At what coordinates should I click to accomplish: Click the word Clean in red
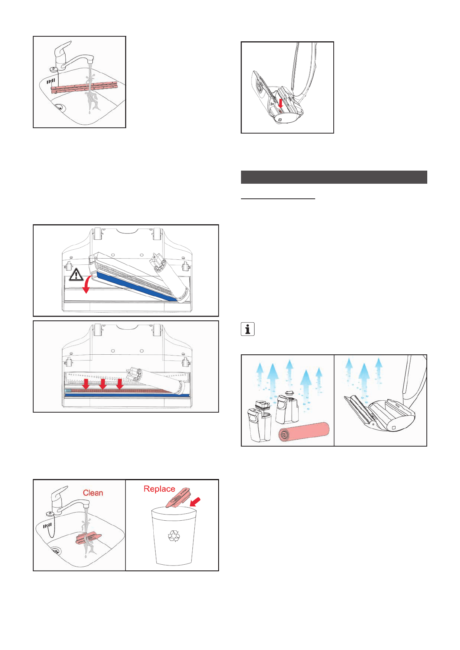click(x=93, y=493)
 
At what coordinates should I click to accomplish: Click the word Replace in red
click(x=159, y=489)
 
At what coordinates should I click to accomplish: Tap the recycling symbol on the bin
click(x=174, y=536)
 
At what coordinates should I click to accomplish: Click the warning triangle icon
click(x=76, y=274)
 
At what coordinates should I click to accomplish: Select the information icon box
click(x=248, y=329)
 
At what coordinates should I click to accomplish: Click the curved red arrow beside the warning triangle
click(x=87, y=284)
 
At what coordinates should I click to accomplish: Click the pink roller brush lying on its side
click(x=304, y=432)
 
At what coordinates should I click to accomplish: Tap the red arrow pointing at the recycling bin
click(x=195, y=501)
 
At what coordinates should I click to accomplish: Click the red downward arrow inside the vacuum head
click(x=281, y=103)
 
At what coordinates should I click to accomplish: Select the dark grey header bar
click(x=334, y=177)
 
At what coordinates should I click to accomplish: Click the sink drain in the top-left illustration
click(x=59, y=107)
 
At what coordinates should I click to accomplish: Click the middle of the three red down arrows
click(x=103, y=384)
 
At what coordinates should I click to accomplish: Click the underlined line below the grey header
click(x=278, y=198)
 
